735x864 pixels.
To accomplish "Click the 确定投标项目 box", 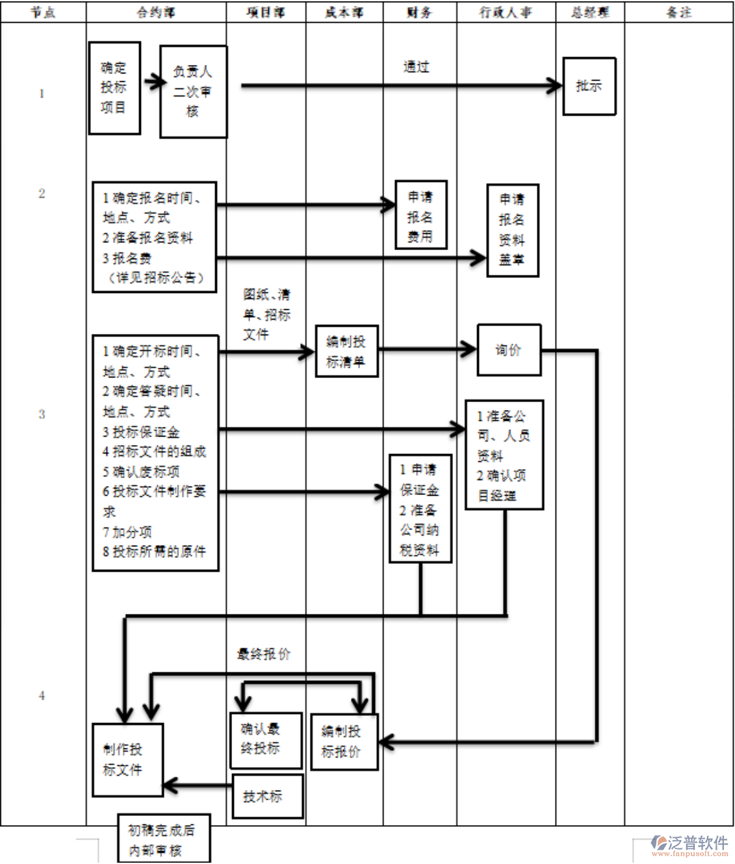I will [x=114, y=88].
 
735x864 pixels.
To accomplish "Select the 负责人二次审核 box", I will [x=193, y=92].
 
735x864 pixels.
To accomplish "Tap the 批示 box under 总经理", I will [x=589, y=86].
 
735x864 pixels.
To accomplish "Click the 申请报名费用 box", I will [x=421, y=215].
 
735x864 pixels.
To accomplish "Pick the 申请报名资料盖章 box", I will [x=513, y=231].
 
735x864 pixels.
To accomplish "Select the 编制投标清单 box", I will [x=346, y=351].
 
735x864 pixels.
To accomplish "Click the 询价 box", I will [x=509, y=350].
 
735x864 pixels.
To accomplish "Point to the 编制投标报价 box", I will [x=344, y=742].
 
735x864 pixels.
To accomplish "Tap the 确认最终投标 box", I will [x=265, y=740].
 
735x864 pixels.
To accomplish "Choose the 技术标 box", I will [x=267, y=796].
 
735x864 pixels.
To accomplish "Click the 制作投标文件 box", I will [x=127, y=759].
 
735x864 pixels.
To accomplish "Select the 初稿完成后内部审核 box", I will [x=164, y=839].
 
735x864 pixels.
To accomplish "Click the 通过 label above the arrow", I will [x=416, y=67].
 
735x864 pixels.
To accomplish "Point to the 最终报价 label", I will [x=264, y=654].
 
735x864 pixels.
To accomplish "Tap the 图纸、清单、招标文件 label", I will [x=266, y=314].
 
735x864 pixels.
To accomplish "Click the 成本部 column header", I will [x=344, y=12].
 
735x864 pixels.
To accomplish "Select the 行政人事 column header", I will [x=506, y=12].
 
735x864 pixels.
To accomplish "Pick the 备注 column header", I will [x=678, y=12].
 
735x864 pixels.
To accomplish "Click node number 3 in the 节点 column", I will [x=42, y=414].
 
